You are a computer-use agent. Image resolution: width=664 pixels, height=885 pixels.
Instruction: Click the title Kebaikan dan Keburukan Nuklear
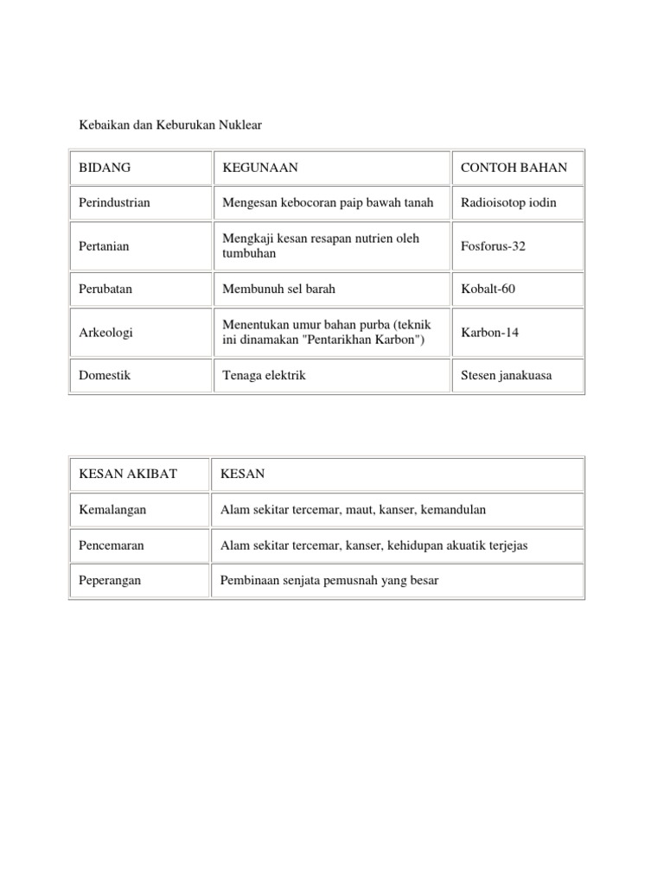click(x=170, y=125)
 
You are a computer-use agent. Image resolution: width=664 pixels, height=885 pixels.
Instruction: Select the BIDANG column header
click(x=105, y=168)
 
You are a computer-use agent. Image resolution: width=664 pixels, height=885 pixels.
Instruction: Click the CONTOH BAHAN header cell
click(x=514, y=168)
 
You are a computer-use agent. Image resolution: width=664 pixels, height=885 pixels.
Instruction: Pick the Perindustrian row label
click(x=114, y=202)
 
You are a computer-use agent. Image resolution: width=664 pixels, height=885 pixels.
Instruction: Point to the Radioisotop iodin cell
click(x=509, y=202)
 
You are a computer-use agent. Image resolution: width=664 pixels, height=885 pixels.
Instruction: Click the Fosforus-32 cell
click(x=494, y=246)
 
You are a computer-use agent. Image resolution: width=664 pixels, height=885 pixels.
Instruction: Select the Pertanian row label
click(x=104, y=246)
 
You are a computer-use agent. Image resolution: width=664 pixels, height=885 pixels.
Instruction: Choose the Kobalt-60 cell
click(x=488, y=289)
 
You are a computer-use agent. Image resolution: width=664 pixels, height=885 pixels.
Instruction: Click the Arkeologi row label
click(x=105, y=333)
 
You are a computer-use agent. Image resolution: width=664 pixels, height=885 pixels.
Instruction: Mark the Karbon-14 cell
click(x=490, y=333)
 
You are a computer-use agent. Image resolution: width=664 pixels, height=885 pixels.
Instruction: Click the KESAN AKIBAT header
click(x=128, y=474)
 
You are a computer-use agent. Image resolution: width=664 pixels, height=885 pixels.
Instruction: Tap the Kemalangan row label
click(x=112, y=510)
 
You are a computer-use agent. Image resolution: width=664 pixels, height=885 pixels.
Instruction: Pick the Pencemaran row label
click(x=112, y=545)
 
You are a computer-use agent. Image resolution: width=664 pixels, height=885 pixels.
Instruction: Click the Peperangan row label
click(x=110, y=581)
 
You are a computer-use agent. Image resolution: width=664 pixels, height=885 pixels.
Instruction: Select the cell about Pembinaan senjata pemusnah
click(x=329, y=581)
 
